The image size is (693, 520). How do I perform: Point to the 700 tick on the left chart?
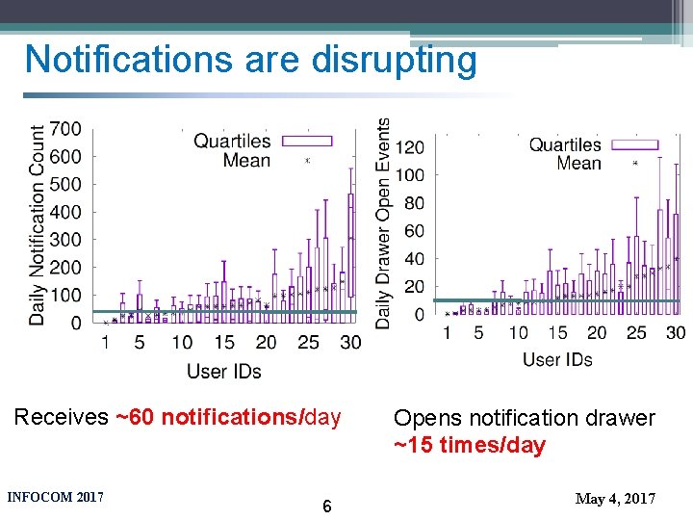click(64, 129)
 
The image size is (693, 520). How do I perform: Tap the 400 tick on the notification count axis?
click(64, 212)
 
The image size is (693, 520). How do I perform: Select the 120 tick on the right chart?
click(410, 147)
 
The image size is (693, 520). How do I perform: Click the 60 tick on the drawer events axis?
click(414, 231)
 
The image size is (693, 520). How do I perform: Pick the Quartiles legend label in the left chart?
click(232, 142)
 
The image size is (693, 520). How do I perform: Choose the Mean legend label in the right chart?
click(578, 164)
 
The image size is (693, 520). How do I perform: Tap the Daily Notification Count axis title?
click(38, 224)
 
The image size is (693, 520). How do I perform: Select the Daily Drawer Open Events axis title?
click(383, 223)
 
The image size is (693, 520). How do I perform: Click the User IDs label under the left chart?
click(223, 371)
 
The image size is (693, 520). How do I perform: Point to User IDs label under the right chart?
click(557, 360)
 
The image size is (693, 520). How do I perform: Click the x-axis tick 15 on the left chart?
click(223, 343)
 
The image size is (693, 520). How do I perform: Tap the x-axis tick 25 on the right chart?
click(636, 333)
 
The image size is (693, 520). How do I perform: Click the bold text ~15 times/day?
click(470, 446)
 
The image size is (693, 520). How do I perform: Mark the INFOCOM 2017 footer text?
click(55, 498)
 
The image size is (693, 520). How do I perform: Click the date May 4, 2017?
click(615, 499)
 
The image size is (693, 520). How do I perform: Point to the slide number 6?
click(327, 507)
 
